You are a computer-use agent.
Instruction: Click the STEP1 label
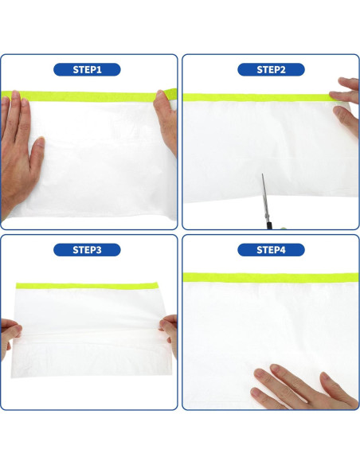coord(88,70)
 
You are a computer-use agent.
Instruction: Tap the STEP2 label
coord(271,70)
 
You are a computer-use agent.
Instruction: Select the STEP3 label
coord(88,250)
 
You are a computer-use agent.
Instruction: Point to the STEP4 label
coord(271,250)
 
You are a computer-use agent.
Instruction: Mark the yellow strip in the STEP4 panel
coord(271,277)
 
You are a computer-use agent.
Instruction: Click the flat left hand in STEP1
coord(18,151)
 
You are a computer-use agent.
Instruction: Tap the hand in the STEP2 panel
coord(347,104)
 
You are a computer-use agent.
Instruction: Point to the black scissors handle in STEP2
coord(272,225)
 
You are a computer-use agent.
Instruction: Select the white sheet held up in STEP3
coord(88,330)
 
